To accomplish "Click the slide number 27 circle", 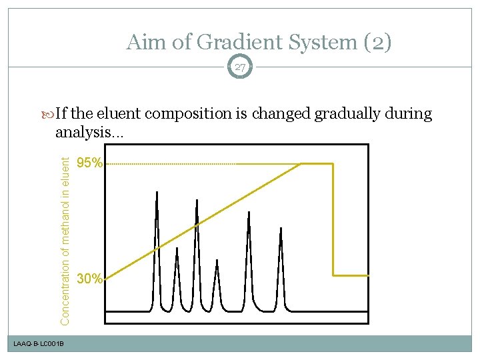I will [240, 67].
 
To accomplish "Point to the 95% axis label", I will [89, 163].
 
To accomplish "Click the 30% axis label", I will [89, 279].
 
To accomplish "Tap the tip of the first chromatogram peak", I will [157, 193].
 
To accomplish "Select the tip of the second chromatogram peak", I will [177, 249].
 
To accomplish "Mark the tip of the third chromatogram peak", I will [197, 199].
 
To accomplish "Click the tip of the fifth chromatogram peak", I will [249, 213].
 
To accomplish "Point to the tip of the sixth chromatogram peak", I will [281, 228].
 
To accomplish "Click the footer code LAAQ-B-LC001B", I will [39, 343].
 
